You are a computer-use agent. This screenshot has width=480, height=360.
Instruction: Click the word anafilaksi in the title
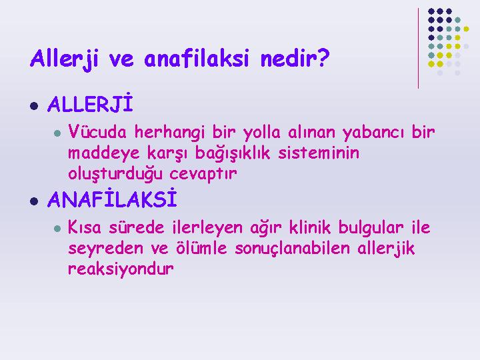click(196, 58)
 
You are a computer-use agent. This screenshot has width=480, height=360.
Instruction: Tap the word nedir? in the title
click(295, 58)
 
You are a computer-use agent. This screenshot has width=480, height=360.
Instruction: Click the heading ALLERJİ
click(90, 103)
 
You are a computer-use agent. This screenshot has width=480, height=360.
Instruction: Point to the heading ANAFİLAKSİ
click(113, 199)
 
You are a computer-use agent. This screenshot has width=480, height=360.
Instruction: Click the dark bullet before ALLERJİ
click(34, 106)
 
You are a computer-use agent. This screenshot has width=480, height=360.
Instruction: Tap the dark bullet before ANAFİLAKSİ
click(34, 201)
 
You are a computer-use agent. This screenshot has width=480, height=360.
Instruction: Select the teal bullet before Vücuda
click(57, 133)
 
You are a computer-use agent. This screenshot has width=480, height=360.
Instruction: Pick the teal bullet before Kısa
click(57, 229)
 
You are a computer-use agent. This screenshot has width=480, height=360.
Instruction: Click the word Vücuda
click(97, 131)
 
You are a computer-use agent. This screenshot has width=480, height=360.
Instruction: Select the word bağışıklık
click(233, 153)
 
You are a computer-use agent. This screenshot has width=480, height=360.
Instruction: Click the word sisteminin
click(319, 153)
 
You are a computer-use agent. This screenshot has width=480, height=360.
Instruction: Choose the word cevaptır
click(203, 173)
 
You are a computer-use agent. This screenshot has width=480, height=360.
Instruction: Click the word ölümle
click(201, 247)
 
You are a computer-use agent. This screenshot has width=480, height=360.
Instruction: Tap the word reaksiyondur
click(121, 269)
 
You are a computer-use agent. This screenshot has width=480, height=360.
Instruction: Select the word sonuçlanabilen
click(292, 248)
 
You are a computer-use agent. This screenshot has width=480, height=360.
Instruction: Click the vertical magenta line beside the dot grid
click(418, 49)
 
